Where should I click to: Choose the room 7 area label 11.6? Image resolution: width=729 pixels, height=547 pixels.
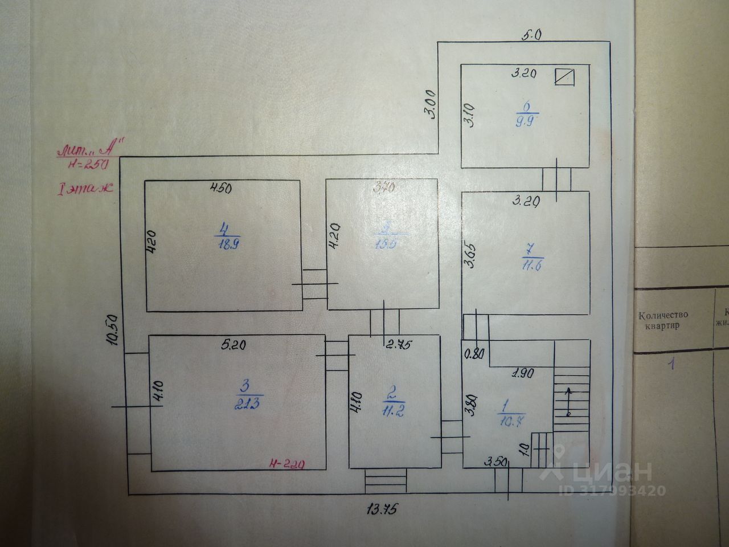[x=532, y=264]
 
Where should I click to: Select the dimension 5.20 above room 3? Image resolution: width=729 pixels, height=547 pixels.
[x=235, y=344]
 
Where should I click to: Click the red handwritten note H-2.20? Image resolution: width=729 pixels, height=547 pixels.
[x=290, y=464]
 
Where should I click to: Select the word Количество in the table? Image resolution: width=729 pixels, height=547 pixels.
[x=663, y=315]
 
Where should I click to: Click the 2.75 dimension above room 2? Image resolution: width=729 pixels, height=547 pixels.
[x=399, y=344]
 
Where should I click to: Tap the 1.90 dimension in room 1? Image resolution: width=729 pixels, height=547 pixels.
[x=522, y=374]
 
